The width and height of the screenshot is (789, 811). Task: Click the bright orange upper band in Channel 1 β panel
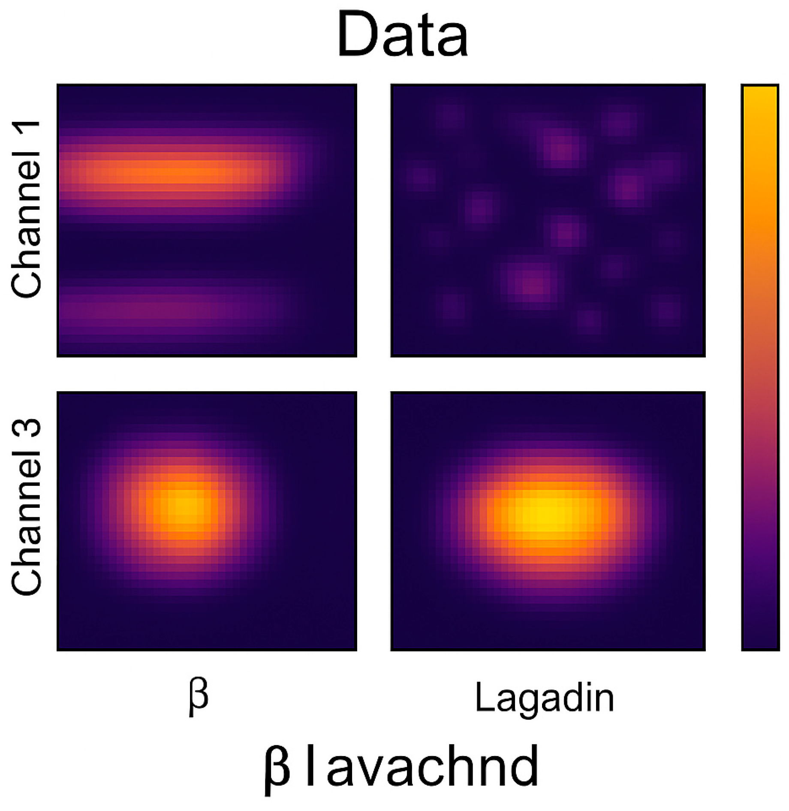point(172,172)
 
